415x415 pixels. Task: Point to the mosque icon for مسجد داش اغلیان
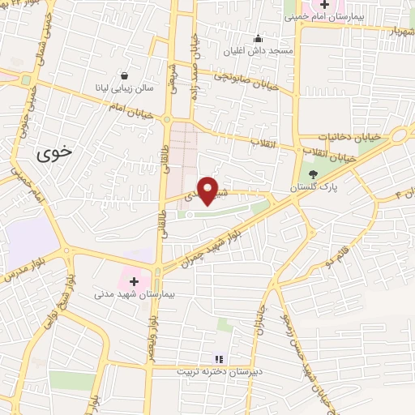pos(258,37)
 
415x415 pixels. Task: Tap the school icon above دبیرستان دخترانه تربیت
pos(217,358)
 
